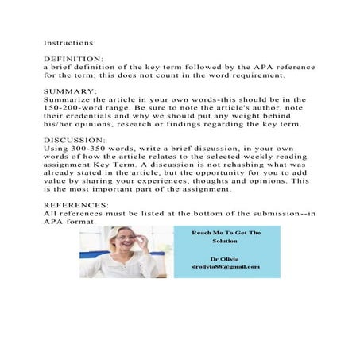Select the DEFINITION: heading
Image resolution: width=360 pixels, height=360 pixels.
[73, 60]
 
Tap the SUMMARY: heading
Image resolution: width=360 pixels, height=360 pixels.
[69, 91]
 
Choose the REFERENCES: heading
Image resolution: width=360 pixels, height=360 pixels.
[76, 204]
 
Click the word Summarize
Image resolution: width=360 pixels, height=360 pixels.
[71, 99]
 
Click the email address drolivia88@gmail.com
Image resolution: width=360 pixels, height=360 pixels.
[227, 266]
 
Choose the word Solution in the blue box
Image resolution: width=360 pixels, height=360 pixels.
[227, 241]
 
